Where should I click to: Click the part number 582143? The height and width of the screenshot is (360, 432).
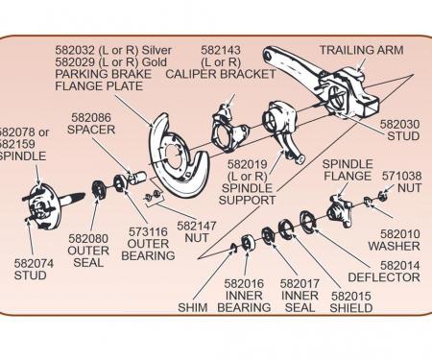click(x=221, y=50)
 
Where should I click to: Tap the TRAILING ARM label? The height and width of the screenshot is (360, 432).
click(x=362, y=50)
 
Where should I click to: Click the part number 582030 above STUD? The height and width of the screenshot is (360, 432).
click(x=399, y=124)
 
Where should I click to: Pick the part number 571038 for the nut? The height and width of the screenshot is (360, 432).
click(x=402, y=176)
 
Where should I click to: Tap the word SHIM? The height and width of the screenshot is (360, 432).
click(x=193, y=307)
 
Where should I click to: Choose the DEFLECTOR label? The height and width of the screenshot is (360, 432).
click(x=384, y=277)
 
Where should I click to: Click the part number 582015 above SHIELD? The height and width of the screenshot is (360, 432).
click(x=351, y=296)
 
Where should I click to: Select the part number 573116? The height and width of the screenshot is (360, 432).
click(x=148, y=231)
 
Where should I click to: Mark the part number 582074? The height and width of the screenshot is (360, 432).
click(x=34, y=263)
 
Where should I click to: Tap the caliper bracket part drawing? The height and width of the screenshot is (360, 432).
click(x=228, y=128)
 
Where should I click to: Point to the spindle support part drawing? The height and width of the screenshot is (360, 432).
click(x=281, y=127)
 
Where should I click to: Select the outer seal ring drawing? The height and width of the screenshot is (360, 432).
click(x=98, y=190)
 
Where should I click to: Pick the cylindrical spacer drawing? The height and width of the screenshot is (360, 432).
click(x=137, y=178)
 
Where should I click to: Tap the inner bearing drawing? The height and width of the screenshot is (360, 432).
click(x=248, y=243)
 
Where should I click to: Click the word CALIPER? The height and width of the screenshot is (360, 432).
click(x=190, y=74)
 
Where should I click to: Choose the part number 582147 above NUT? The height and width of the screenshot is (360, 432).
click(x=197, y=226)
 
